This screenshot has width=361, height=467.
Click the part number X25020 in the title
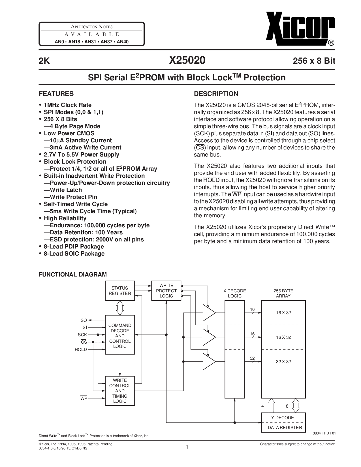pyautogui.click(x=187, y=60)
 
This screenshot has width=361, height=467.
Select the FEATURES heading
pyautogui.click(x=56, y=94)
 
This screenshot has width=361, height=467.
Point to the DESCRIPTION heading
pyautogui.click(x=216, y=94)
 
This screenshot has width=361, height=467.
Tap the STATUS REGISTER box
pyautogui.click(x=120, y=291)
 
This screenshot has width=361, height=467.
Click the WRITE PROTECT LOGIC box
pyautogui.click(x=166, y=291)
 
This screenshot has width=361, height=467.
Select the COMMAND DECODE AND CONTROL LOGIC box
pyautogui.click(x=120, y=336)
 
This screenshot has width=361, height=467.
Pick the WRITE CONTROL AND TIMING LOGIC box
pyautogui.click(x=120, y=391)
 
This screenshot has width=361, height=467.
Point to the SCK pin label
pyautogui.click(x=82, y=335)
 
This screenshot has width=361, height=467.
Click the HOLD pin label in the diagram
pyautogui.click(x=81, y=349)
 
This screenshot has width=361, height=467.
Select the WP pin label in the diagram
pyautogui.click(x=84, y=398)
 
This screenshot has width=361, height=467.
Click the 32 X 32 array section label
pyautogui.click(x=283, y=361)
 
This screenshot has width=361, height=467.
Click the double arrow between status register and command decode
pyautogui.click(x=120, y=308)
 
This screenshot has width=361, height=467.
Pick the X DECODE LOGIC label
pyautogui.click(x=235, y=293)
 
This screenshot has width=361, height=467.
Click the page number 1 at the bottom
pyautogui.click(x=187, y=447)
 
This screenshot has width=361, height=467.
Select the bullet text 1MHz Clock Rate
pyautogui.click(x=68, y=105)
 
